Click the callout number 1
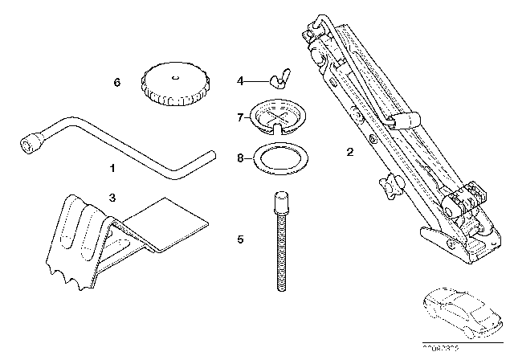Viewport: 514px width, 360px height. coord(112,169)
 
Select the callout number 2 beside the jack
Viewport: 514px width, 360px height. coord(349,151)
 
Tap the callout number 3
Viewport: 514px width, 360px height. coord(112,197)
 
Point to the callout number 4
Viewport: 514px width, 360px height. coord(240,80)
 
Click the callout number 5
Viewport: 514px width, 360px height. coord(240,239)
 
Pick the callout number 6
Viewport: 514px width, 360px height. coord(117,81)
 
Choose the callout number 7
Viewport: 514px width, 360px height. coord(240,117)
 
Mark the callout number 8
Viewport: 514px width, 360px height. coord(240,158)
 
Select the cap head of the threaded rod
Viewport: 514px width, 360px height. coord(281,199)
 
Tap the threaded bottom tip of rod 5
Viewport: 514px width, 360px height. coord(282,285)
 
